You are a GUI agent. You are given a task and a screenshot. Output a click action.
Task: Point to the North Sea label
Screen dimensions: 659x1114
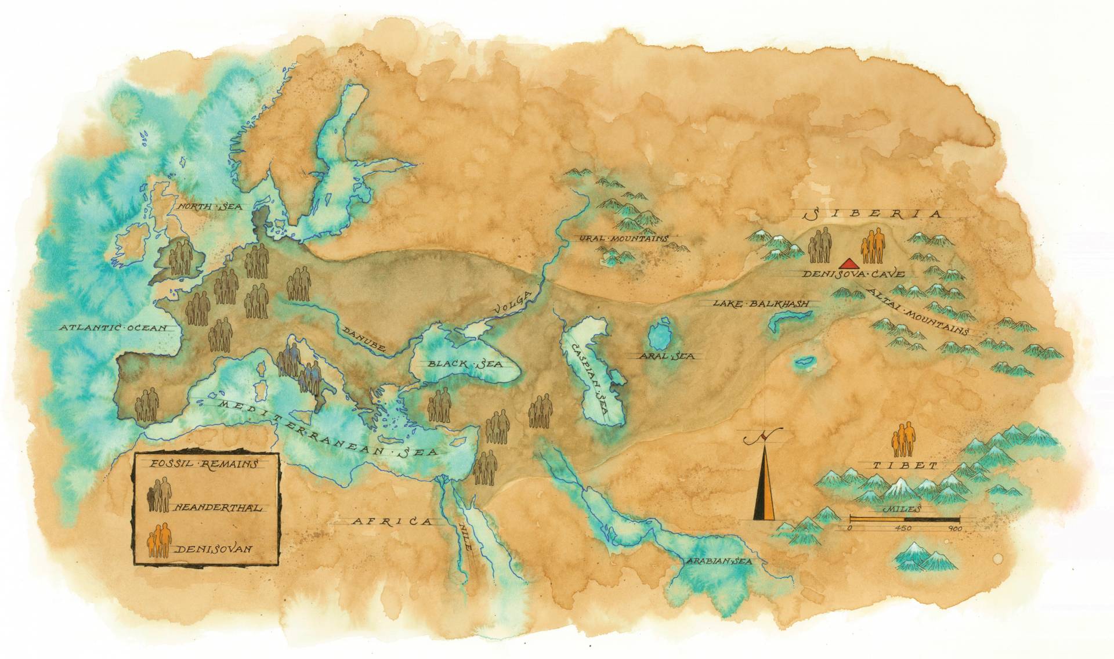[204, 207]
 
